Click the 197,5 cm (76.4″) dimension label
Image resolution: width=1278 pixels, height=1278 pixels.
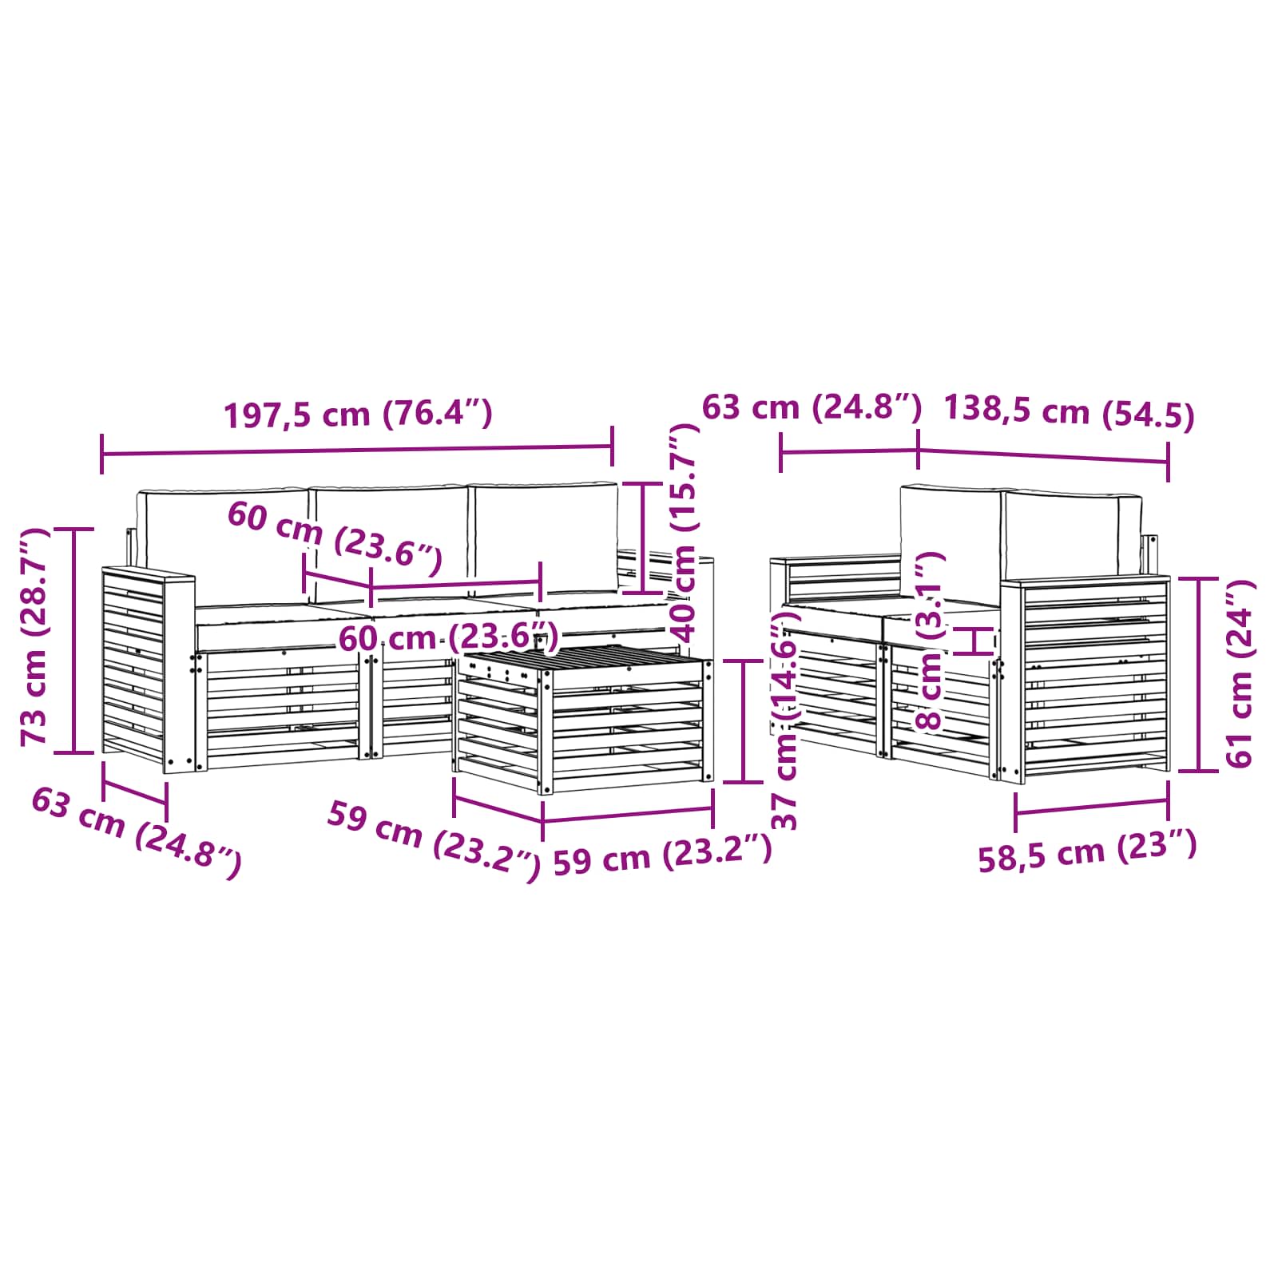pyautogui.click(x=358, y=415)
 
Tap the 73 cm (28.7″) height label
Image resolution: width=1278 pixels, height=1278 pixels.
pyautogui.click(x=35, y=637)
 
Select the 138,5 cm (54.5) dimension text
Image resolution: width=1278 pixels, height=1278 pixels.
pyautogui.click(x=1069, y=413)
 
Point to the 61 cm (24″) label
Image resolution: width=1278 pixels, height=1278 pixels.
pyautogui.click(x=1239, y=673)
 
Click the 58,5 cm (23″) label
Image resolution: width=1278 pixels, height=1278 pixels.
pyautogui.click(x=1087, y=851)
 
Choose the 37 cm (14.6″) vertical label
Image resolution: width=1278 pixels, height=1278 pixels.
pyautogui.click(x=787, y=719)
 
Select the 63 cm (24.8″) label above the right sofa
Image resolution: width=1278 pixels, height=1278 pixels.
pyautogui.click(x=812, y=407)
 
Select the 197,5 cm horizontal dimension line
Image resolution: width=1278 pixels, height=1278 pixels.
pyautogui.click(x=358, y=451)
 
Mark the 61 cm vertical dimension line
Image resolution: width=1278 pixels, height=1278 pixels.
pyautogui.click(x=1199, y=673)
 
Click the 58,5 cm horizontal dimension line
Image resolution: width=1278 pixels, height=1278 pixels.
pyautogui.click(x=1091, y=808)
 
